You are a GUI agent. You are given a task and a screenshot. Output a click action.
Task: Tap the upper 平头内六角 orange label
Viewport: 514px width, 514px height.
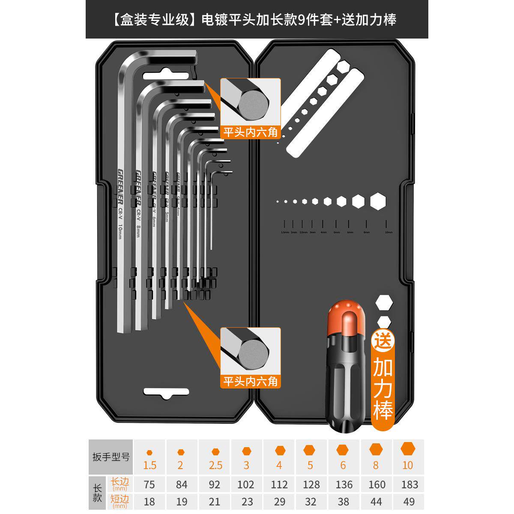click(250, 132)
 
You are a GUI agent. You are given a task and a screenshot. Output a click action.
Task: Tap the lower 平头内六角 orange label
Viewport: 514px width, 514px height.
click(250, 381)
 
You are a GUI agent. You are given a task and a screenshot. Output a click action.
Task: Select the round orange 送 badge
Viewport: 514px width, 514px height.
click(383, 341)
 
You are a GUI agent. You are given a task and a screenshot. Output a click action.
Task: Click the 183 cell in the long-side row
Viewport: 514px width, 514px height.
click(409, 484)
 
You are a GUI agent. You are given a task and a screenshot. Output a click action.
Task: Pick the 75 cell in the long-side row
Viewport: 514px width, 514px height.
click(149, 484)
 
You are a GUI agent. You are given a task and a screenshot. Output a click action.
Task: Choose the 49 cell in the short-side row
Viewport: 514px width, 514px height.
click(409, 501)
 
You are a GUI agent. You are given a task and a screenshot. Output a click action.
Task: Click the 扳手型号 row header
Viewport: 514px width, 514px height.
click(111, 457)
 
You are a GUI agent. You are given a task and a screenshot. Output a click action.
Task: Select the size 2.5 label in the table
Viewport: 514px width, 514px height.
click(215, 465)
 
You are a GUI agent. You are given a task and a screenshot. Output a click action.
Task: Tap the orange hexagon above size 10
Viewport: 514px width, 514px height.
click(408, 449)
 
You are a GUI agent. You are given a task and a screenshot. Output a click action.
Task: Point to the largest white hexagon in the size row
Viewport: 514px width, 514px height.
click(378, 201)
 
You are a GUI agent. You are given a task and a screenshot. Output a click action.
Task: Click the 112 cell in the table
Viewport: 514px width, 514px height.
click(279, 484)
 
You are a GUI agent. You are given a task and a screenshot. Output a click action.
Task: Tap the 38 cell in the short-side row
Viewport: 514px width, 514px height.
click(344, 501)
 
